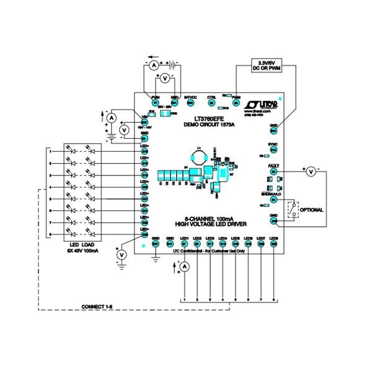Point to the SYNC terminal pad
pos(273,149)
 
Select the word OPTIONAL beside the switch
pos(311,210)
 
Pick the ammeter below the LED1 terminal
pos(184,265)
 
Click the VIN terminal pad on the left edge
pos(144,122)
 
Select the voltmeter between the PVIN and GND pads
pos(164,80)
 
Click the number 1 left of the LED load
pos(50,151)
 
